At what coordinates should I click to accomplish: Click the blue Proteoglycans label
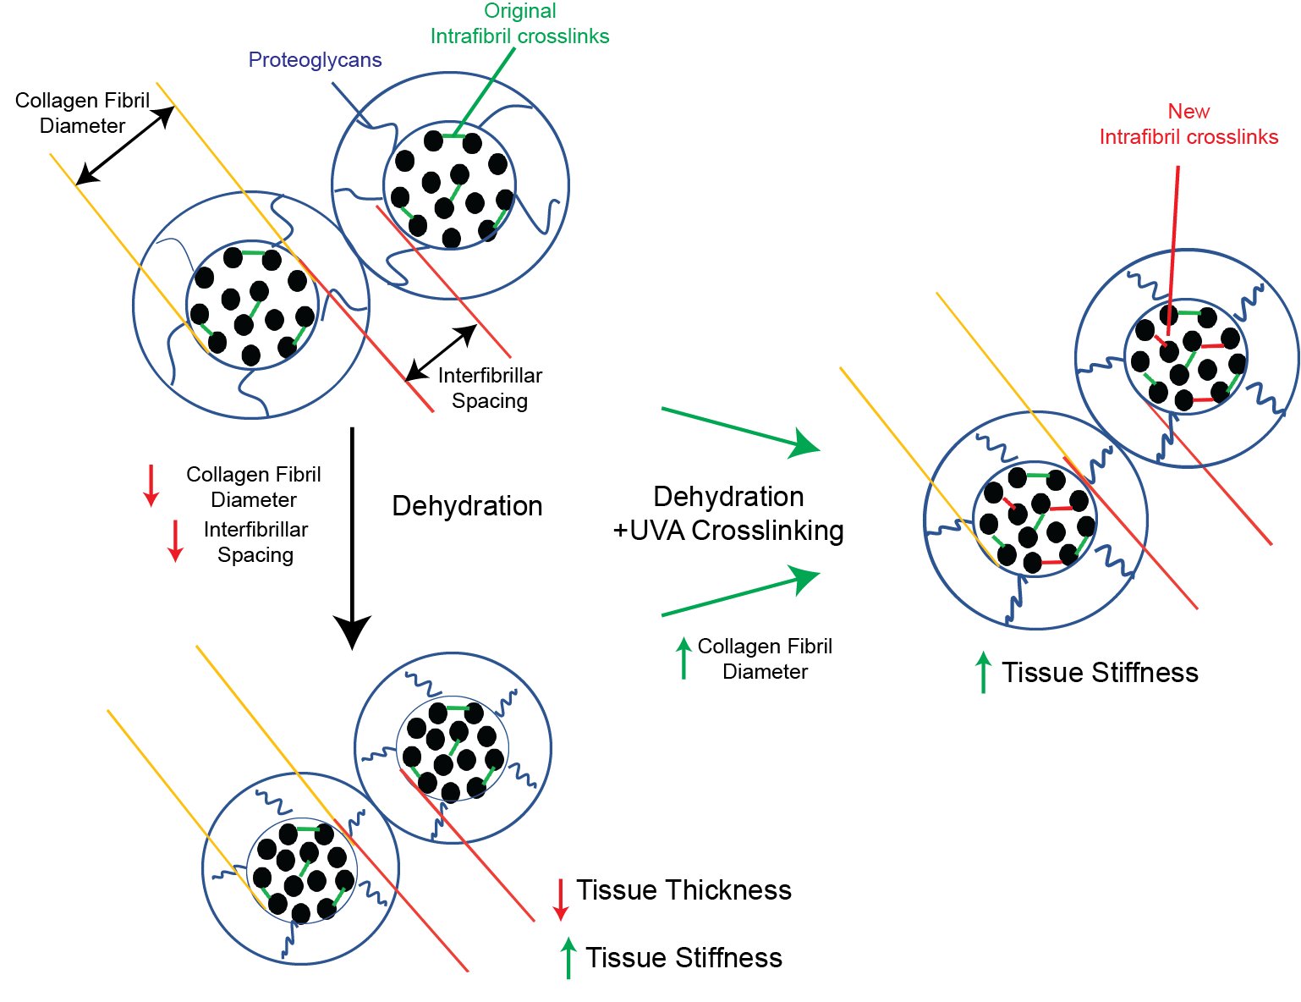[x=315, y=60]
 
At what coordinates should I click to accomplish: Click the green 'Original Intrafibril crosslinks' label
[x=519, y=24]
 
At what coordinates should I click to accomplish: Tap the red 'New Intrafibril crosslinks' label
[x=1188, y=124]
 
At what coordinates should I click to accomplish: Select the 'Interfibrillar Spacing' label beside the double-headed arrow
[x=490, y=388]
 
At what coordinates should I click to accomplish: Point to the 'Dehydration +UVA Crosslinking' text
[x=728, y=513]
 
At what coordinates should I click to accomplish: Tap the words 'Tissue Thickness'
[x=683, y=890]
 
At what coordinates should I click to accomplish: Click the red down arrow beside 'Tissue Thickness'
[x=560, y=899]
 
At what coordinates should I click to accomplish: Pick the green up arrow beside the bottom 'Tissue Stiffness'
[x=568, y=958]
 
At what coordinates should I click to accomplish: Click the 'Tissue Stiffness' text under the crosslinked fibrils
[x=1100, y=673]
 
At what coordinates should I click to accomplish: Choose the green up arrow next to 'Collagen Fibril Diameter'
[x=683, y=658]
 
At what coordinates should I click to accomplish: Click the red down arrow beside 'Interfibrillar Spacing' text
[x=175, y=541]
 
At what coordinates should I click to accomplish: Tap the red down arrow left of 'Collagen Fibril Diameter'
[x=151, y=485]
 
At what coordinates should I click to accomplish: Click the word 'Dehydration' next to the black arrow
[x=467, y=506]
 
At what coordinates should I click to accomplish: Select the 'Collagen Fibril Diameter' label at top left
[x=82, y=113]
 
